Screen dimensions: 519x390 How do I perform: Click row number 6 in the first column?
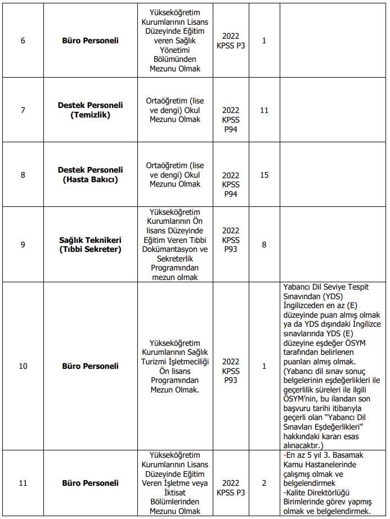tap(23, 40)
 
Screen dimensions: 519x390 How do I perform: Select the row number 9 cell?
tap(23, 245)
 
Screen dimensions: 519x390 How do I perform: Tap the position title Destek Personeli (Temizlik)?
tap(90, 110)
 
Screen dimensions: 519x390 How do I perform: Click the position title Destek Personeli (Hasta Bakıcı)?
tap(90, 174)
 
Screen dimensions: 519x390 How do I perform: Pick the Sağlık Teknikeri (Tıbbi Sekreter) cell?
tap(90, 245)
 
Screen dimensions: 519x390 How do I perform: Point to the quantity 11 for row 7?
tap(264, 110)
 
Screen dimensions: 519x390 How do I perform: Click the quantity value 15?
tap(264, 175)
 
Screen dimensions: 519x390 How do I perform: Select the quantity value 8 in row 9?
tap(264, 245)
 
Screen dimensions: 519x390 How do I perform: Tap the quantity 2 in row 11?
tap(264, 483)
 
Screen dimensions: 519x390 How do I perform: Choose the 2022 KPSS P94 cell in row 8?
tap(231, 184)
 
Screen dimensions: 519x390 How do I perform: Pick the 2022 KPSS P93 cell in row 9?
tap(231, 240)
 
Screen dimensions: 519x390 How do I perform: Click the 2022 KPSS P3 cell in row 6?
tap(231, 40)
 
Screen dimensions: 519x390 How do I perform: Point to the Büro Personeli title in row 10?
tap(90, 366)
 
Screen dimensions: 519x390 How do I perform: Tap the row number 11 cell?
tap(23, 483)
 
